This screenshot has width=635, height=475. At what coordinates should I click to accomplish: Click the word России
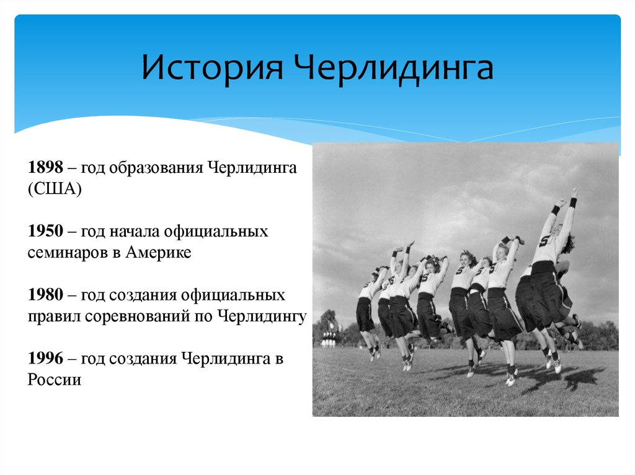pyautogui.click(x=54, y=380)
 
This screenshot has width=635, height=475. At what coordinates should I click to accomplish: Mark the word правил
pyautogui.click(x=48, y=316)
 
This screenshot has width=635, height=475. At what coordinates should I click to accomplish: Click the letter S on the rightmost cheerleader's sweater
pyautogui.click(x=544, y=241)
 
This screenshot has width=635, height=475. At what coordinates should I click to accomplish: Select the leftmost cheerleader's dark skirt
pyautogui.click(x=365, y=314)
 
